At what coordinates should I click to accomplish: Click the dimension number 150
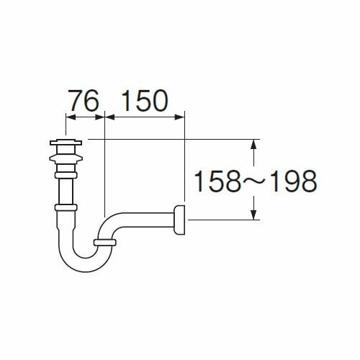tap(143, 99)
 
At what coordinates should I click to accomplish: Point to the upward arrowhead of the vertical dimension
tap(253, 144)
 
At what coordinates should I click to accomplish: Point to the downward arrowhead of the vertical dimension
tap(253, 214)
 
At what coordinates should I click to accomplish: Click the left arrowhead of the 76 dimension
tap(68, 115)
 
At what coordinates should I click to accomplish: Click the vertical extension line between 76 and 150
tap(105, 166)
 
